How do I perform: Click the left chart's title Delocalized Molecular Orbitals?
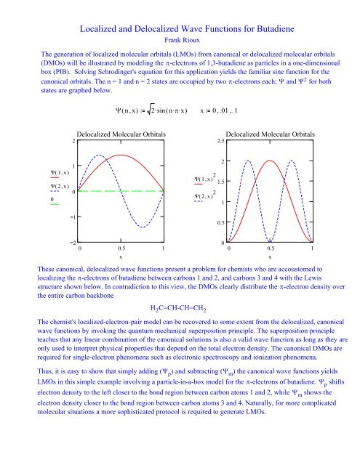[121, 134]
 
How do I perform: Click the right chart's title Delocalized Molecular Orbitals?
[270, 134]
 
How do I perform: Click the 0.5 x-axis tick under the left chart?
[121, 248]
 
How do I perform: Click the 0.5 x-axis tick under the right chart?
[270, 248]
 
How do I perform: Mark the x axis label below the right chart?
[270, 257]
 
